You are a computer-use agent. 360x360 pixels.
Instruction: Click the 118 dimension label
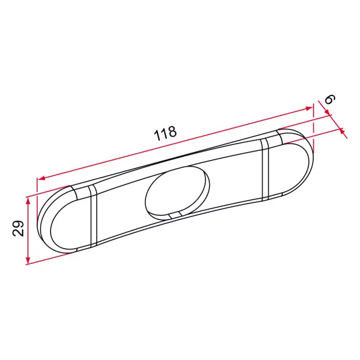pos(165,133)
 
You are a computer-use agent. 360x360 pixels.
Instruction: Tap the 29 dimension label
pos(18,229)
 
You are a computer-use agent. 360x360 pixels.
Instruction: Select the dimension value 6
pos(330,99)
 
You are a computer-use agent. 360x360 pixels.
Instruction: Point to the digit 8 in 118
pos(171,131)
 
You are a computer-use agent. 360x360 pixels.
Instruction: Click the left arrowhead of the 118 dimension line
pos(41,178)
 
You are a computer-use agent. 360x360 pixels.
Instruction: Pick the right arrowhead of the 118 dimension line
pos(308,108)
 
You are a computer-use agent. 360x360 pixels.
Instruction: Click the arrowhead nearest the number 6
pos(327,112)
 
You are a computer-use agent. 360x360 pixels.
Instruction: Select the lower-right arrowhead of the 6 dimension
pos(342,132)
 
